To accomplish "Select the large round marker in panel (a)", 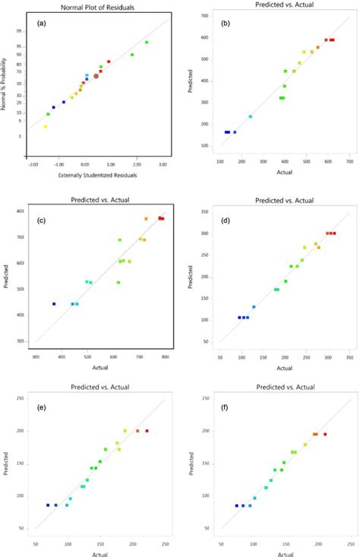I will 96,76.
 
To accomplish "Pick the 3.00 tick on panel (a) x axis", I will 163,163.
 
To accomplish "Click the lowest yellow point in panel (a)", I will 45,126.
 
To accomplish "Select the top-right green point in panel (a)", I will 147,43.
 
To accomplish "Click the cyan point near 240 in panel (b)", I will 251,116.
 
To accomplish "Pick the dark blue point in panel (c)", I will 54,304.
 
